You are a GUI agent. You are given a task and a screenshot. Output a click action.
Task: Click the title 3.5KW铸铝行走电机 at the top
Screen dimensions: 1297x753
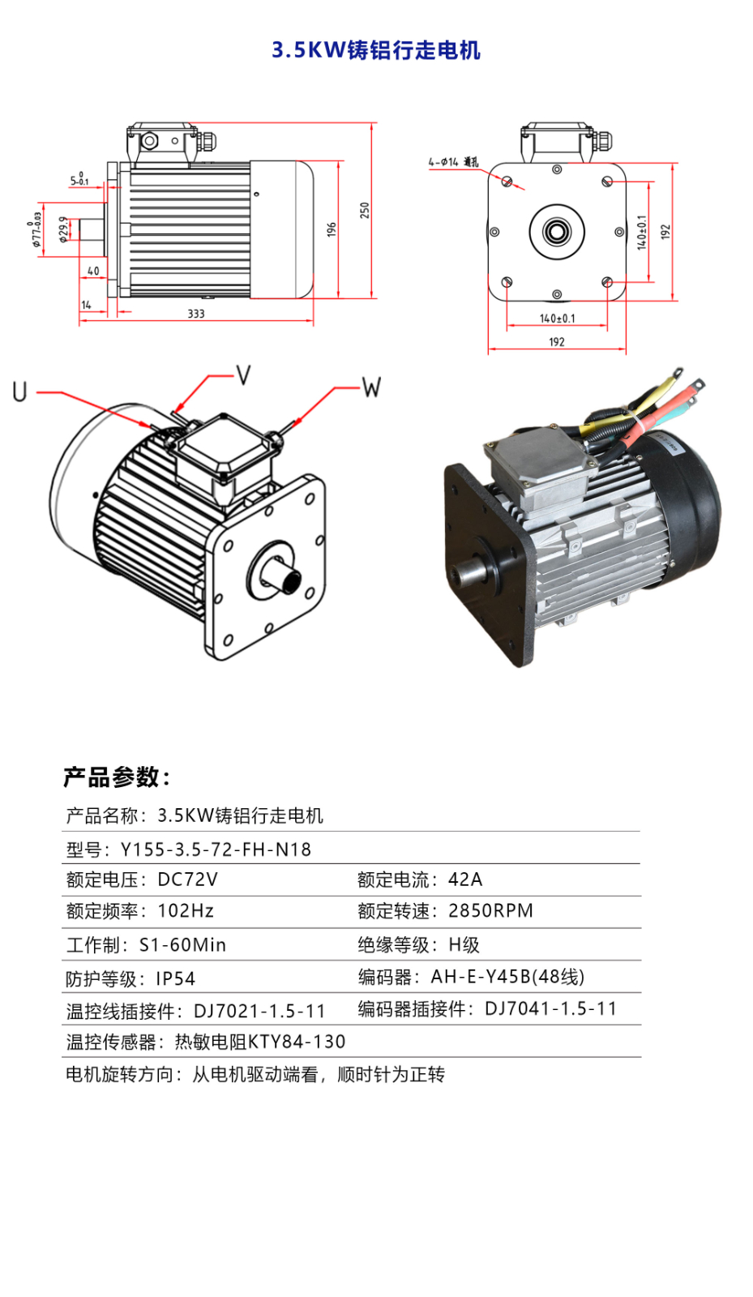point(376,50)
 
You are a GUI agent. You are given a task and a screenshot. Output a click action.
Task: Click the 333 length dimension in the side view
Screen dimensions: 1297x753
point(196,314)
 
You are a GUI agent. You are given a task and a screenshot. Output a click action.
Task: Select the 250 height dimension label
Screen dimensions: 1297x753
point(365,210)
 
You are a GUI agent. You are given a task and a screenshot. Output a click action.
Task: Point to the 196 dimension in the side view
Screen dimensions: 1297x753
point(331,229)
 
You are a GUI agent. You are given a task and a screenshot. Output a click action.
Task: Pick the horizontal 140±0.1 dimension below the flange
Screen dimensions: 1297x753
point(557,319)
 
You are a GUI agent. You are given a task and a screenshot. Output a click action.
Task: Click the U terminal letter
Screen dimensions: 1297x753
point(20,392)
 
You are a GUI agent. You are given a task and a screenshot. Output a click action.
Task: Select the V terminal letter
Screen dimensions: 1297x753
point(243,375)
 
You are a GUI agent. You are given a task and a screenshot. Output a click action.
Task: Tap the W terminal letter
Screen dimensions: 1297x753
point(371,387)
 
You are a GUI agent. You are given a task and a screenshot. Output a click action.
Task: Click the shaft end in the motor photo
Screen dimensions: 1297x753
point(464,575)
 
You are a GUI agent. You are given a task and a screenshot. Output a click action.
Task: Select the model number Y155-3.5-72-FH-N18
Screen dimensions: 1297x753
point(216,850)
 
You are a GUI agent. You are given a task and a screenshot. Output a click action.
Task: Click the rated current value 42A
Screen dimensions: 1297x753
point(465,880)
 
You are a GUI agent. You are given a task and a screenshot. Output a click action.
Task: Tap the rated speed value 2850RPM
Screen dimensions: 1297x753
point(490,911)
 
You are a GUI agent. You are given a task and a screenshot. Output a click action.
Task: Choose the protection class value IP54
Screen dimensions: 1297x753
point(176,979)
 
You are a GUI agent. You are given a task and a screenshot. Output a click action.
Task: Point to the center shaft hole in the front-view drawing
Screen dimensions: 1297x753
point(557,232)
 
